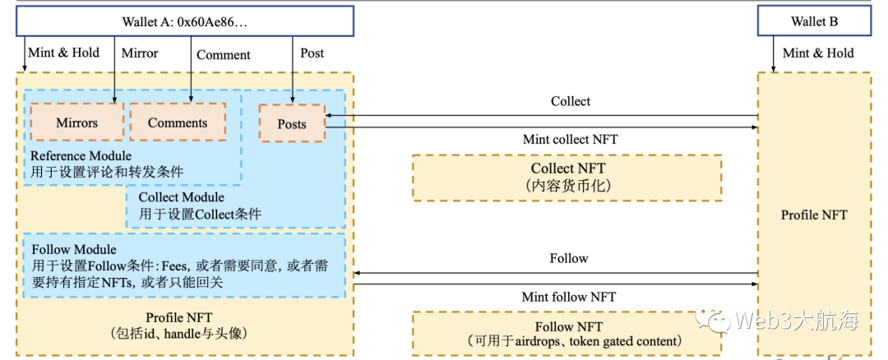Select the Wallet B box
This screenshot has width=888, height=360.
814,21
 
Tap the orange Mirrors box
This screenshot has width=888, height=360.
76,122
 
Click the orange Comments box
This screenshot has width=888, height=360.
178,122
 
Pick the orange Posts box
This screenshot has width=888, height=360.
292,124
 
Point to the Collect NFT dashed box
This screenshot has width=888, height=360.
567,177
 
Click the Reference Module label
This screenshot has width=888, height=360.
81,155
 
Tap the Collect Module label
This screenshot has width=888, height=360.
181,197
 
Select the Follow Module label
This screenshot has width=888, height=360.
73,249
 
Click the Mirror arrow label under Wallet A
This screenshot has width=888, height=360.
140,53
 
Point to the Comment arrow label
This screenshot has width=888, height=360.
224,54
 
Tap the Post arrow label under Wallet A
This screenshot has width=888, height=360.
312,53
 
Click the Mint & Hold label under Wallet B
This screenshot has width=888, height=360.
818,53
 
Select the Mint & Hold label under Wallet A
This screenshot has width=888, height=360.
63,53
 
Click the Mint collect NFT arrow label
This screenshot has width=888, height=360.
570,139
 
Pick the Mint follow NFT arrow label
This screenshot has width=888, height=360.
568,296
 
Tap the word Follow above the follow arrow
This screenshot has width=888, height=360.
569,258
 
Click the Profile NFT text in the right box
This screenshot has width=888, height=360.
813,215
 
